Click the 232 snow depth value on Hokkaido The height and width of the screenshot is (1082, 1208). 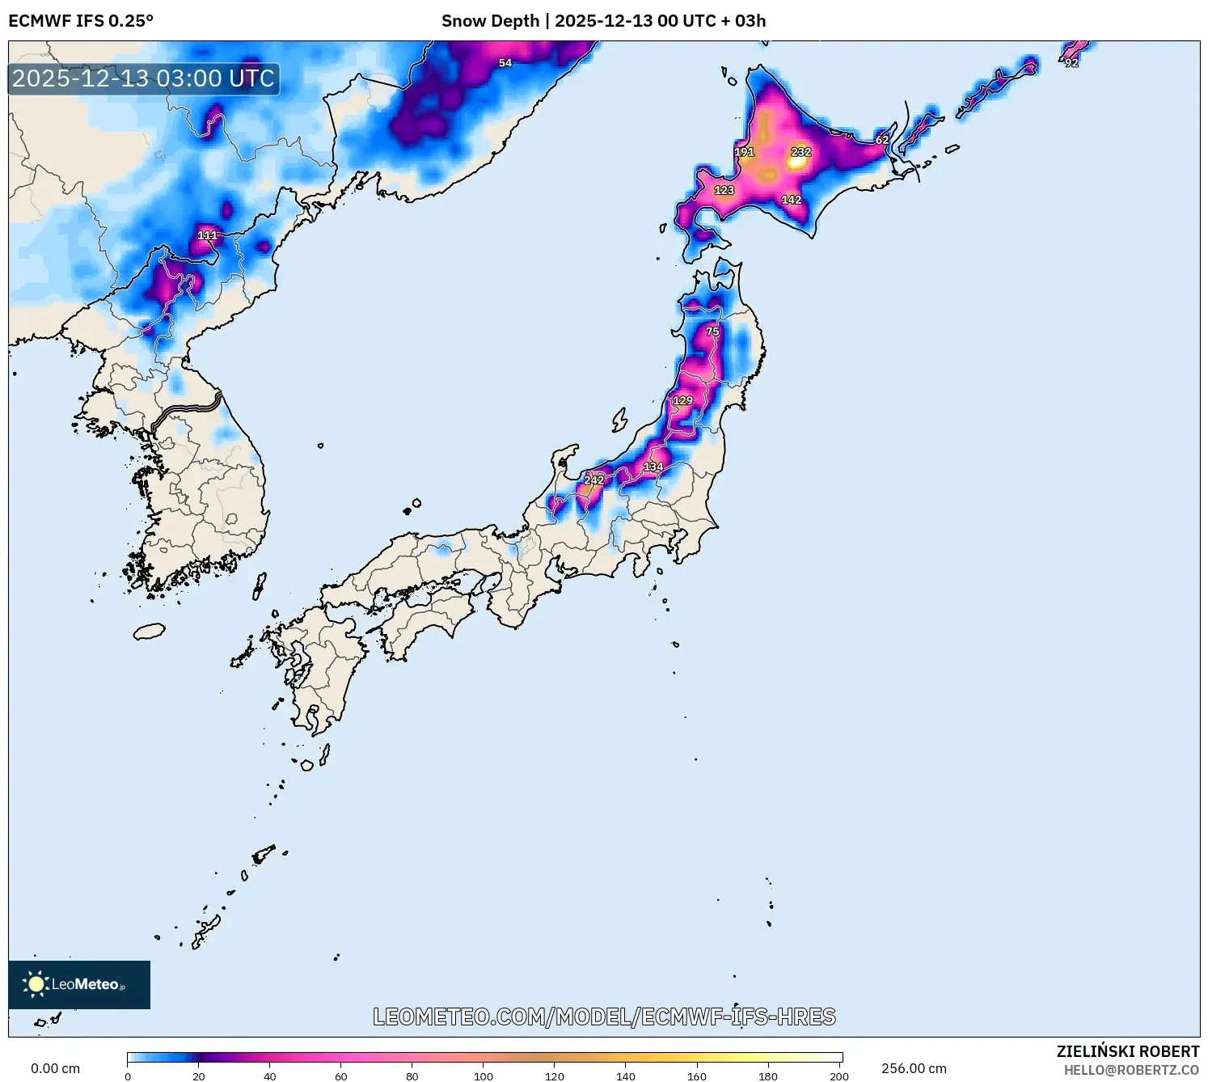pyautogui.click(x=800, y=152)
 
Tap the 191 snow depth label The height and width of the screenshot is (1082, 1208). pyautogui.click(x=744, y=152)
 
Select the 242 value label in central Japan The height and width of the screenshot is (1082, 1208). pyautogui.click(x=593, y=480)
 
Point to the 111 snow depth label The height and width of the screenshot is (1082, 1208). pyautogui.click(x=207, y=235)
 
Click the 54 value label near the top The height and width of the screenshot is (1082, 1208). pyautogui.click(x=505, y=63)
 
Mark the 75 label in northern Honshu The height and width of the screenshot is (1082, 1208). pyautogui.click(x=712, y=332)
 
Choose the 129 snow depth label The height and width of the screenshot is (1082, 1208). pyautogui.click(x=682, y=400)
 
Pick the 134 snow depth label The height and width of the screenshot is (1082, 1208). pyautogui.click(x=653, y=467)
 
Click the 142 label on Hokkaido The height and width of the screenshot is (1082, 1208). pyautogui.click(x=791, y=200)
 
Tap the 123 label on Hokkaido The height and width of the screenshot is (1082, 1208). pyautogui.click(x=724, y=190)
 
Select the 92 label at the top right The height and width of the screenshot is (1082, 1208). pyautogui.click(x=1071, y=63)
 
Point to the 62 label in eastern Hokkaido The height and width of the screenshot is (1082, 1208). pyautogui.click(x=882, y=140)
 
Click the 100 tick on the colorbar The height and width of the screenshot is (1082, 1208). pyautogui.click(x=484, y=1076)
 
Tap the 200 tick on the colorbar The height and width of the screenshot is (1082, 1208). pyautogui.click(x=839, y=1076)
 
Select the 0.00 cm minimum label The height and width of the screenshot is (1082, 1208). pyautogui.click(x=55, y=1068)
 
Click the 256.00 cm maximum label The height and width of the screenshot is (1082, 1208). pyautogui.click(x=914, y=1068)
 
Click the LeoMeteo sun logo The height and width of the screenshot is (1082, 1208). pyautogui.click(x=36, y=984)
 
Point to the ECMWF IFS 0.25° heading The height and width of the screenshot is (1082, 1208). pyautogui.click(x=81, y=21)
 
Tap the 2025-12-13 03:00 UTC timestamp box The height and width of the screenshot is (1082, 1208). pyautogui.click(x=144, y=78)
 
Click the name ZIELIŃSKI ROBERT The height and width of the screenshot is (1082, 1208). pyautogui.click(x=1128, y=1051)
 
